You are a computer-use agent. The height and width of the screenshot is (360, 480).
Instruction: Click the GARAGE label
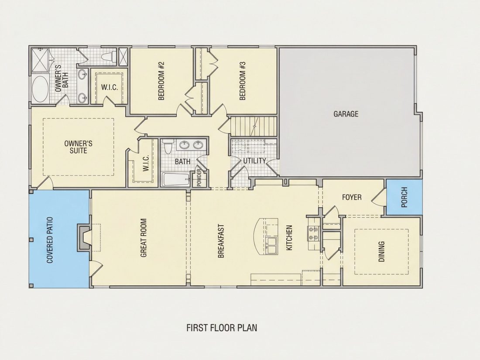[x=346, y=114]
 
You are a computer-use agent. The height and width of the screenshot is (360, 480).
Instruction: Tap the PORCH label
[x=404, y=197]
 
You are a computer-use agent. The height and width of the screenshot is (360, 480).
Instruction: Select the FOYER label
[x=351, y=197]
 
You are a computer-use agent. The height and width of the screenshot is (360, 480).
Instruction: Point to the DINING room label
[x=381, y=252]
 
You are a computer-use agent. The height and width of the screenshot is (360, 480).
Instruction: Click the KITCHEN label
[x=289, y=238]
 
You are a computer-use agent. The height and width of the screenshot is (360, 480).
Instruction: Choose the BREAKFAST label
[x=221, y=241]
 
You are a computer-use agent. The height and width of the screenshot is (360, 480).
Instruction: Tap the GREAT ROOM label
[x=143, y=237]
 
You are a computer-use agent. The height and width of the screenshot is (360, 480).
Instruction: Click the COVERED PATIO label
[x=50, y=240]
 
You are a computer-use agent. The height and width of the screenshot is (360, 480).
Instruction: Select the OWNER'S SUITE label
[x=79, y=147]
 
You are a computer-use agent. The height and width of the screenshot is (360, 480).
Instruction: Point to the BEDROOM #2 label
[x=161, y=81]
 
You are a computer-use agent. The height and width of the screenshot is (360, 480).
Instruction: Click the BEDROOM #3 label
[x=243, y=81]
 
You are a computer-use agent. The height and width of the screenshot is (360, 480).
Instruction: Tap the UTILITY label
[x=254, y=161]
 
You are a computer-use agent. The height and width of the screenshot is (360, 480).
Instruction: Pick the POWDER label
[x=199, y=178]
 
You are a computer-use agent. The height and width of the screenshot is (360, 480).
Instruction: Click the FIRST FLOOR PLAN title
[x=222, y=328]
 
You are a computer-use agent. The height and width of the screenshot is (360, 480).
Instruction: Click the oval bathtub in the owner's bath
[x=40, y=89]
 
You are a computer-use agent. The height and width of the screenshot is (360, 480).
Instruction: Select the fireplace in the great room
[x=83, y=237]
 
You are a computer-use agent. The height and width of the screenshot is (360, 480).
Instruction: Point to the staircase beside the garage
[x=253, y=127]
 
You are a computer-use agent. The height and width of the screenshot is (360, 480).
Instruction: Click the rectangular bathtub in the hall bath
[x=175, y=179]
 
